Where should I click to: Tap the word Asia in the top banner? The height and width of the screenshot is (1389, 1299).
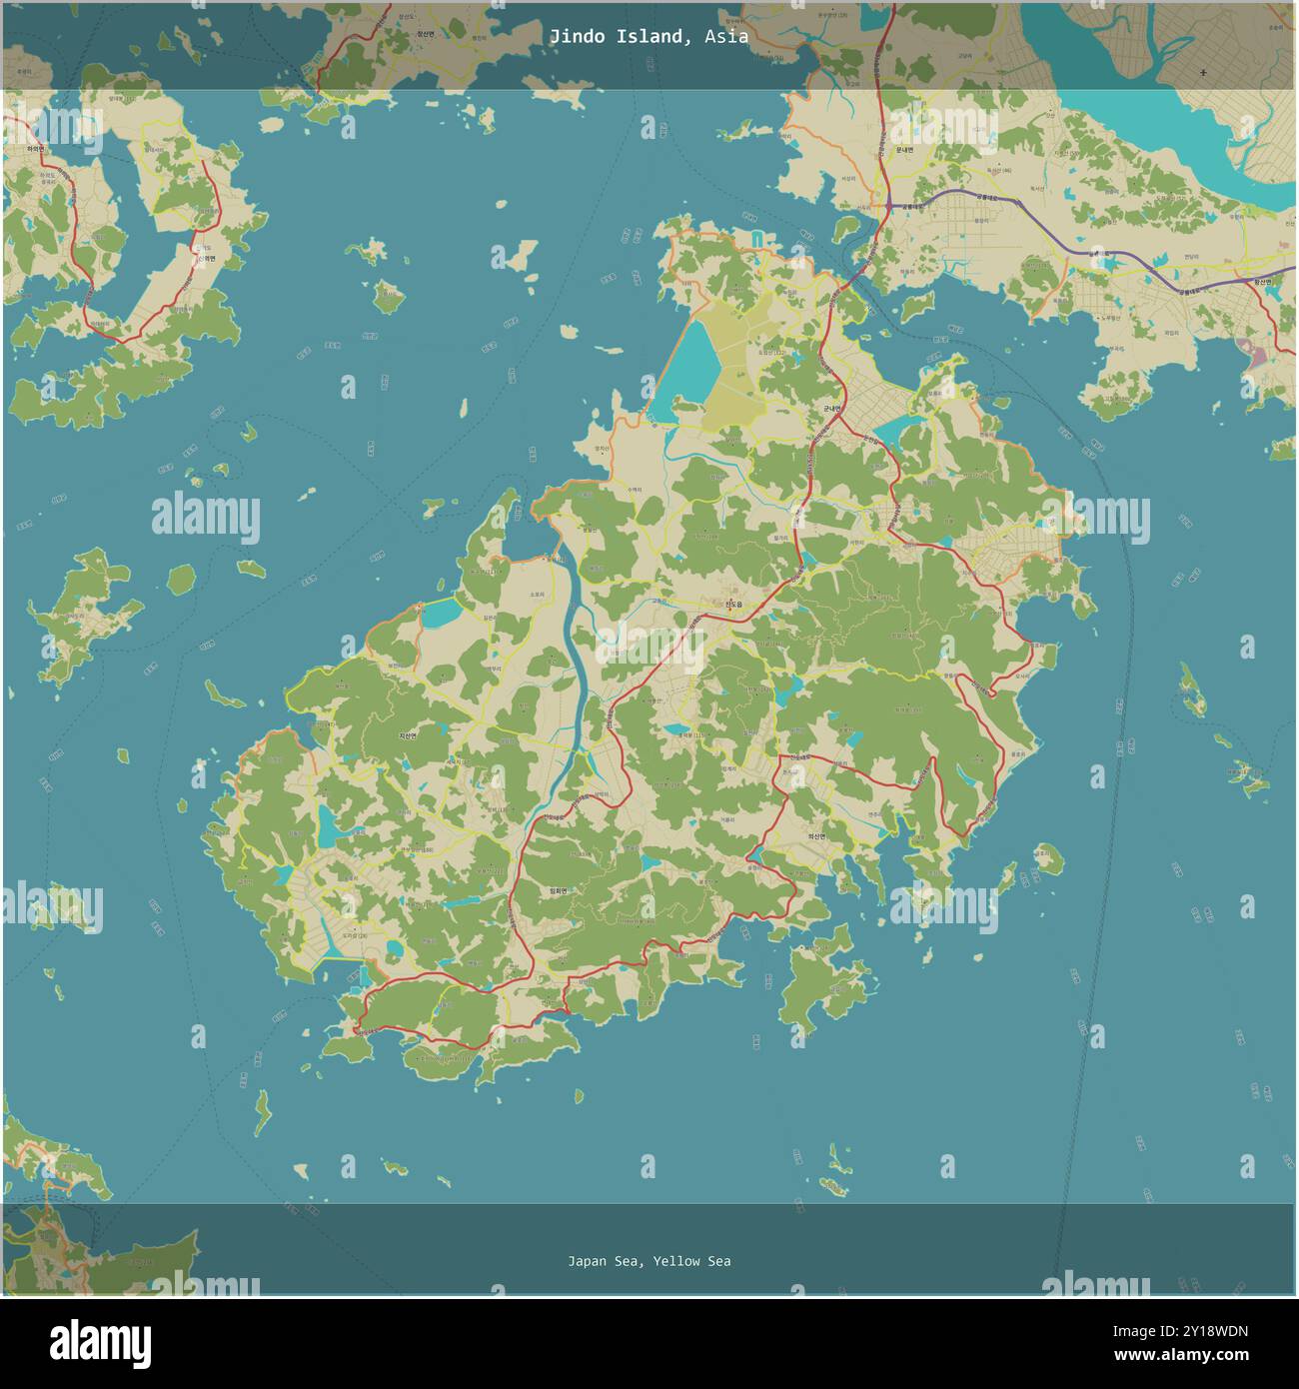pos(725,37)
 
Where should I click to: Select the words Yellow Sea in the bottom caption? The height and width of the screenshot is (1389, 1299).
pos(691,1261)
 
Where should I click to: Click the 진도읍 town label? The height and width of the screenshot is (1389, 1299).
pos(734,604)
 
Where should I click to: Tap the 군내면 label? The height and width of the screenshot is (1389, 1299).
pos(832,409)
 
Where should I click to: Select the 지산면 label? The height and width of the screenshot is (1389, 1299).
pos(408,735)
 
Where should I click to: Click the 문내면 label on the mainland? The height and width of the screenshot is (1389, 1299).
pos(904,149)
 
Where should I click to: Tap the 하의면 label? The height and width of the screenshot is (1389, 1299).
pos(36,149)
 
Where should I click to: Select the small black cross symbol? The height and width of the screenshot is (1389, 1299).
pos(1203,73)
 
